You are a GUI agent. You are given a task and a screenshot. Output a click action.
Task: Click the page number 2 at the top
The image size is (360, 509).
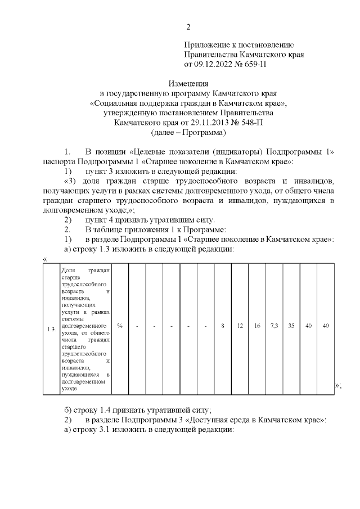tap(188, 26)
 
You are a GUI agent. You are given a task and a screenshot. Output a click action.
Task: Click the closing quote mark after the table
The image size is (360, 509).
tap(338, 385)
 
